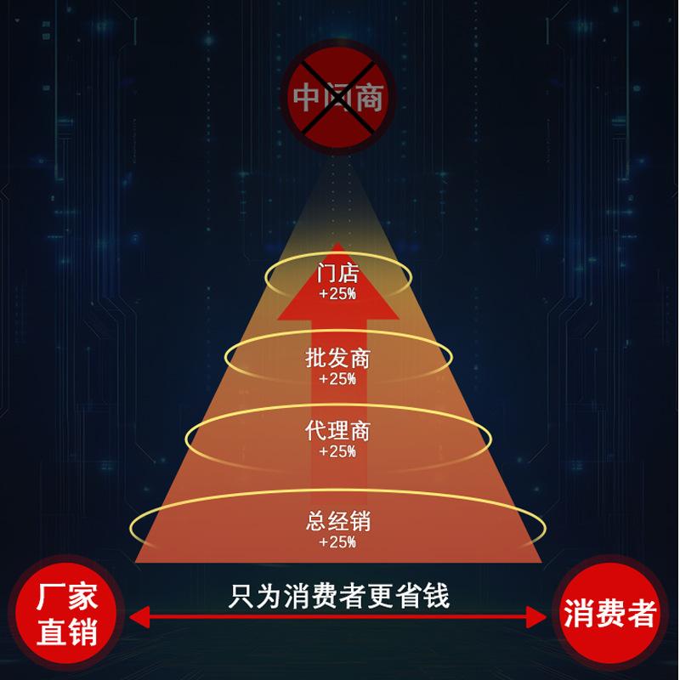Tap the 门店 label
337,275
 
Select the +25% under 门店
337,294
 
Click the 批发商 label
337,358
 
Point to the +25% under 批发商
337,378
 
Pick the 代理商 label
337,431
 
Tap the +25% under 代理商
337,451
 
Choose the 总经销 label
337,520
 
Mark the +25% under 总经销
337,541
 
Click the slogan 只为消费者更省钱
339,596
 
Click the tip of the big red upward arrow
337,247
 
